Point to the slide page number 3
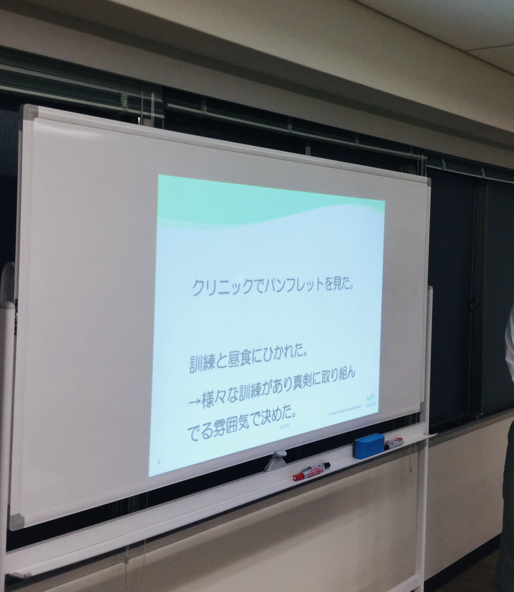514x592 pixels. tap(159, 462)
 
